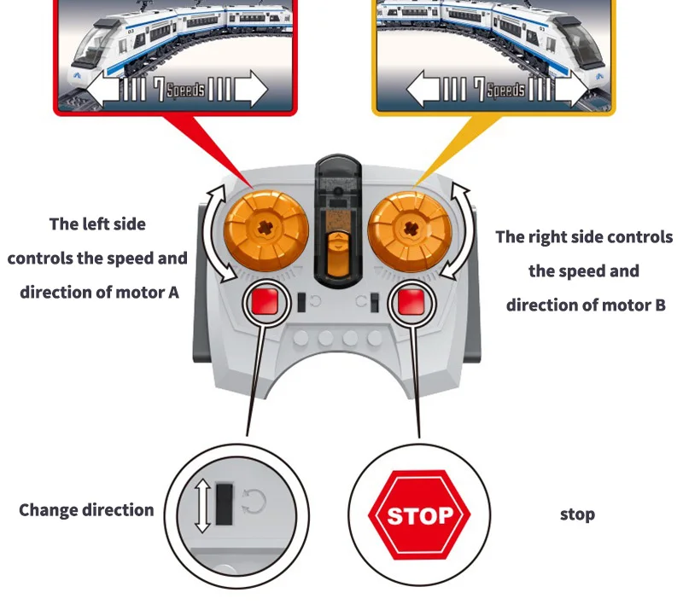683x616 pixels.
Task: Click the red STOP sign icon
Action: (x=418, y=514)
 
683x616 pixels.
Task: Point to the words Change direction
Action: (x=86, y=510)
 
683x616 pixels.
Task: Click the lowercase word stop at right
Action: (x=577, y=514)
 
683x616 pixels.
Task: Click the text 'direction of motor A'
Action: (x=99, y=292)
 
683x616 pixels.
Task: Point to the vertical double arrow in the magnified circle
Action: (x=201, y=507)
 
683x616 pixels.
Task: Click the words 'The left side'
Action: (x=97, y=224)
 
